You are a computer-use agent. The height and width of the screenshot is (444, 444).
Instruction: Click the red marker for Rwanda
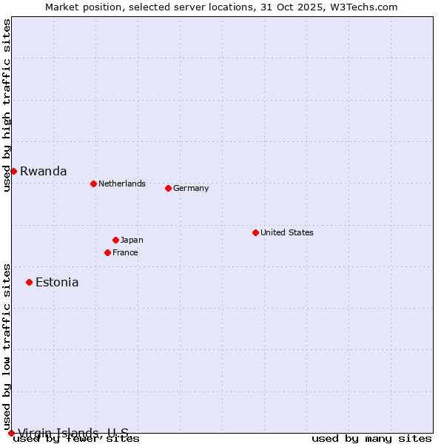[13, 171]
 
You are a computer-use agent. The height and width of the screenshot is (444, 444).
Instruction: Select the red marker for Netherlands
[93, 184]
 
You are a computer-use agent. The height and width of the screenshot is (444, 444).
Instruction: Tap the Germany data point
[168, 188]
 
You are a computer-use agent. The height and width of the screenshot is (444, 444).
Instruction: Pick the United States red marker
[255, 232]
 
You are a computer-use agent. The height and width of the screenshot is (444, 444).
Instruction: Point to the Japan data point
[115, 240]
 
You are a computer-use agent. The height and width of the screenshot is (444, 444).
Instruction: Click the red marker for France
[107, 252]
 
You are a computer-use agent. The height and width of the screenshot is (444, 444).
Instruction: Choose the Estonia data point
[29, 282]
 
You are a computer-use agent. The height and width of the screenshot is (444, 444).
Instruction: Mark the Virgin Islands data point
[11, 433]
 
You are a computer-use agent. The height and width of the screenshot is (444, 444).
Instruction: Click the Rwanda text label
[43, 171]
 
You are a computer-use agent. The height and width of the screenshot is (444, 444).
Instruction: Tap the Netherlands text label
[121, 184]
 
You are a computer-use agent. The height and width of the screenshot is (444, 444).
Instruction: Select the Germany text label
[191, 188]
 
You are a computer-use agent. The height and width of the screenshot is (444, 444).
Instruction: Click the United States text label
[286, 232]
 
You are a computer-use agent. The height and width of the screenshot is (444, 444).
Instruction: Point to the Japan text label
[132, 240]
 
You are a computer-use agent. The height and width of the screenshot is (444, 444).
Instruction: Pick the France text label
[125, 252]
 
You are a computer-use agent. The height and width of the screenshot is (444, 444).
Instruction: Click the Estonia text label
[57, 282]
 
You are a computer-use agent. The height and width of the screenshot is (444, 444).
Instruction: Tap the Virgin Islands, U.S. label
[73, 433]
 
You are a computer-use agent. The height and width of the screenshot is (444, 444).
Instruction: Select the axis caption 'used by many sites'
[371, 439]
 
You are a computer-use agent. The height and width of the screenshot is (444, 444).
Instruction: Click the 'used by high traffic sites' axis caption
[7, 105]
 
